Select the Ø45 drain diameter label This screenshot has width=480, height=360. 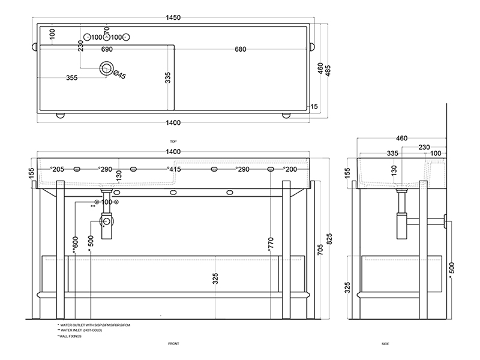[119, 75]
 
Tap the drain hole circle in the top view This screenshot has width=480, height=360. [107, 69]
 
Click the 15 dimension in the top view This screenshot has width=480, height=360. [313, 107]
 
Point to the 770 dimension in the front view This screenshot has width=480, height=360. [271, 243]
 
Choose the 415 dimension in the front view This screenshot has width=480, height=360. [175, 170]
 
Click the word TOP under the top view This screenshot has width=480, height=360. [173, 141]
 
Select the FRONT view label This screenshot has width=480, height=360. [173, 344]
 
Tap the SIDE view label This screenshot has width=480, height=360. [386, 344]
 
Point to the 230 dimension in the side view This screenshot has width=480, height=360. [424, 146]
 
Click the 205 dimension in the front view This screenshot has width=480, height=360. [58, 170]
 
